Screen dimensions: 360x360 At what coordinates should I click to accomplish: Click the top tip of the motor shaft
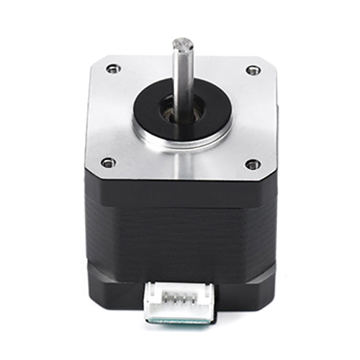(182, 42)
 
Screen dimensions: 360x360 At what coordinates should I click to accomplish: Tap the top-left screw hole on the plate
(112, 69)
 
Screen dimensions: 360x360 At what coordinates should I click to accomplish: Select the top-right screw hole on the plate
(252, 71)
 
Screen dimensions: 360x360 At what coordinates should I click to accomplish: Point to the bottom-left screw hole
(107, 163)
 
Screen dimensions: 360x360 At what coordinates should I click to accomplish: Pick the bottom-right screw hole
(253, 164)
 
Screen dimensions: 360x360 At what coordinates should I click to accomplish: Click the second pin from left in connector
(176, 294)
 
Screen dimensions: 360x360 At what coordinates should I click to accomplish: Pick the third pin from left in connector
(186, 294)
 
